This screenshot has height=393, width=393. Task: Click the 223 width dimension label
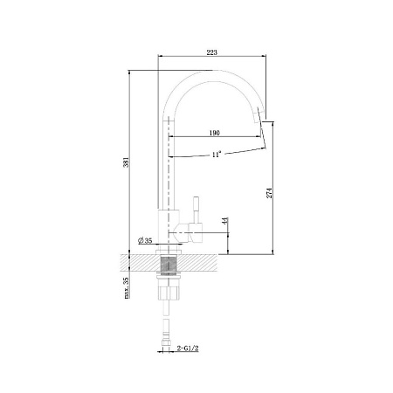212,52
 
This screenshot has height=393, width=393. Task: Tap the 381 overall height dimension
126,162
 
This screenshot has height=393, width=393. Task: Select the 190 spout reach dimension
215,133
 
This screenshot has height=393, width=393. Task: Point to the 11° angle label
216,155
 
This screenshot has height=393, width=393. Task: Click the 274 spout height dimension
270,193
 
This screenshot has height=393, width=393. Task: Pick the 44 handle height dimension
224,221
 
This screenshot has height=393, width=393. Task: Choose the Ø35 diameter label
145,241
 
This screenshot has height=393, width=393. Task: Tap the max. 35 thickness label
126,288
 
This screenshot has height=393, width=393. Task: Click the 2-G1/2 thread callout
188,348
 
